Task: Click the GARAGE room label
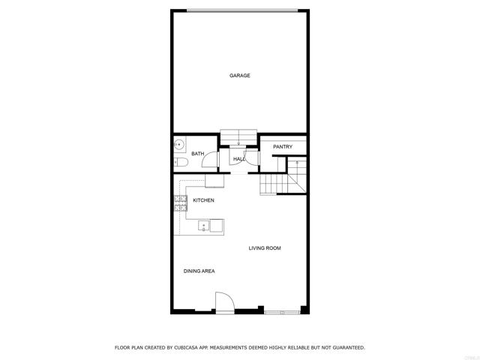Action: pos(240,76)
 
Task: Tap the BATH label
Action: pos(197,154)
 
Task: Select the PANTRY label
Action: pos(283,147)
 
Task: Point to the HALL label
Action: pos(239,160)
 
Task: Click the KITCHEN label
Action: pos(203,200)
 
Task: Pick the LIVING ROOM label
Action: pos(265,247)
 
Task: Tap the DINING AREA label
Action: pos(199,271)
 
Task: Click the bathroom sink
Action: pos(178,145)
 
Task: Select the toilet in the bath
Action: pos(180,161)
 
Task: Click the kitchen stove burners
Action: pos(180,203)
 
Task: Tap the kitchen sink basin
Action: pos(203,226)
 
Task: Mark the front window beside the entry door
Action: pos(283,311)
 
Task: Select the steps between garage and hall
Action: pos(238,136)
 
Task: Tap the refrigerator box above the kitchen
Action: pos(214,181)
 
